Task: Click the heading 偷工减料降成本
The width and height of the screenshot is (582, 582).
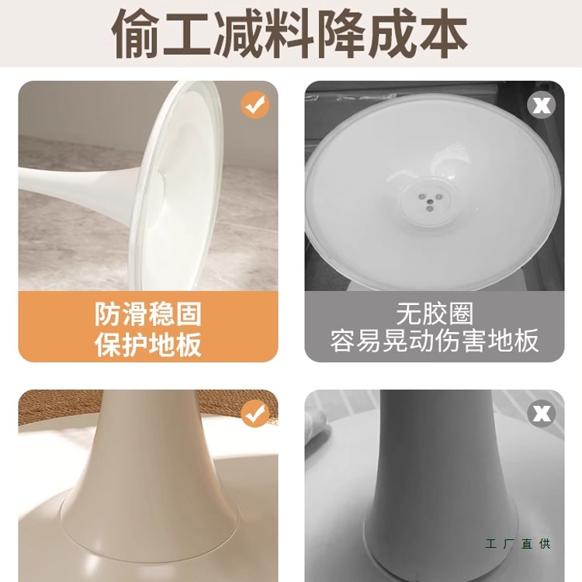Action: pos(291,33)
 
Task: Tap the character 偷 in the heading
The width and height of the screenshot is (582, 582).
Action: pos(138,33)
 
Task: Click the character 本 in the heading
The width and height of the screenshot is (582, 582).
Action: pos(443,33)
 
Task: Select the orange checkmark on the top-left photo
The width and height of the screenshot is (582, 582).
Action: pos(255,105)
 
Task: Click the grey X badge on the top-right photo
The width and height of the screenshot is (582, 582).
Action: pos(541,105)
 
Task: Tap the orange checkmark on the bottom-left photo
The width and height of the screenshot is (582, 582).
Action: pos(255,414)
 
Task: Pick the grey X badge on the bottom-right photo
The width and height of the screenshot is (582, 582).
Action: pos(541,414)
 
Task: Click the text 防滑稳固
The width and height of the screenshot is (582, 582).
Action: pos(148,314)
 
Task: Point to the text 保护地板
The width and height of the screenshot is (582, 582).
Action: pos(148,345)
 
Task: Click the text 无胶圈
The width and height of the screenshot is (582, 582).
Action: pos(435,314)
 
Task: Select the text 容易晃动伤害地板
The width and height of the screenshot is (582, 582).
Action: pos(435,341)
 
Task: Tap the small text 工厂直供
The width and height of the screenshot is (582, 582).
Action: pos(518,544)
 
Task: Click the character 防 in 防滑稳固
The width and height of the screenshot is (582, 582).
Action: pos(108,314)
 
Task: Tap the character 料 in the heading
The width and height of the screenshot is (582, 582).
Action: pos(291,33)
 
